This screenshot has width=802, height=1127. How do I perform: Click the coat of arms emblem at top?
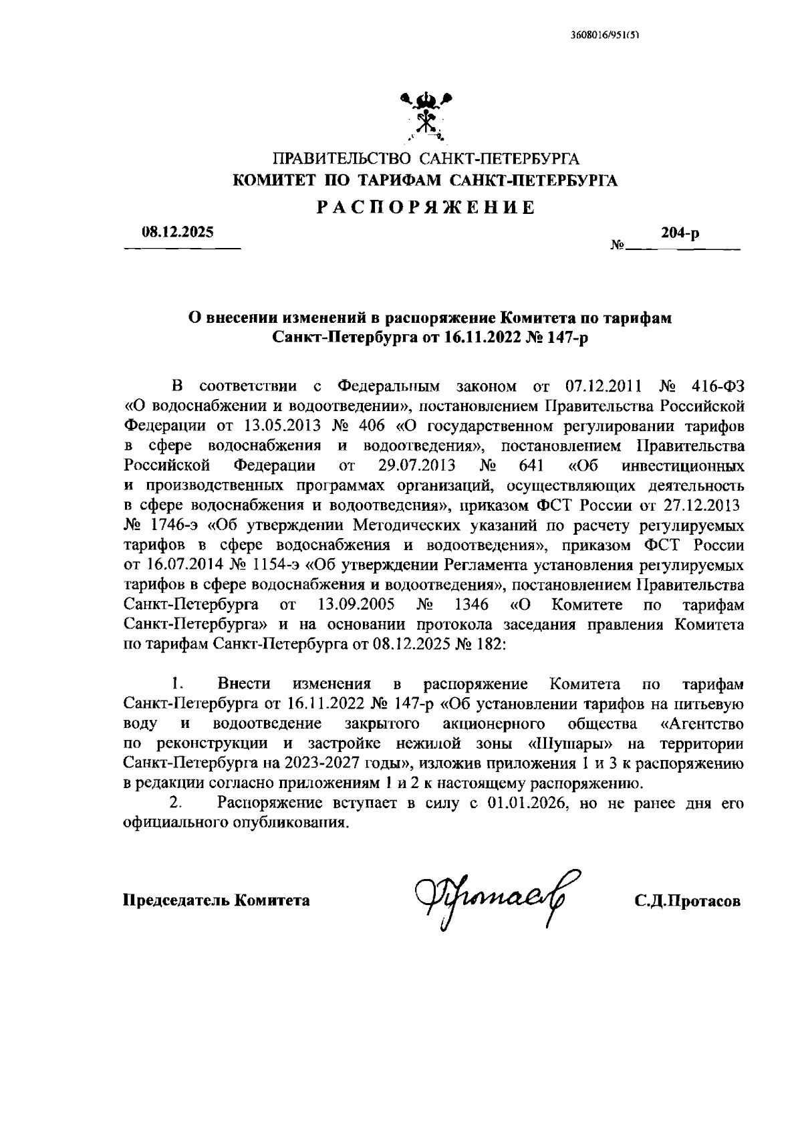[x=426, y=115]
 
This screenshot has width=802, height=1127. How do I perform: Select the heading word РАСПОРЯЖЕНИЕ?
[x=426, y=207]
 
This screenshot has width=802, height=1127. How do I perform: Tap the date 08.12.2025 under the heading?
[x=177, y=233]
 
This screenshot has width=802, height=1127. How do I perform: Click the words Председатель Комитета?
[x=216, y=900]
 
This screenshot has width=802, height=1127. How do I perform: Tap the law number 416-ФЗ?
[x=717, y=386]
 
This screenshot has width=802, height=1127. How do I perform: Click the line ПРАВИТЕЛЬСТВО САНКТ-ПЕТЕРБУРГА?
[x=426, y=159]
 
